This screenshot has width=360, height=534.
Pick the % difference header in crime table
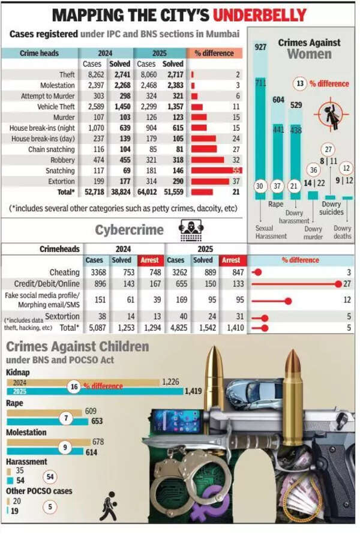[x=215, y=53]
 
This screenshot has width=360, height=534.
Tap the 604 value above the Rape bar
[x=278, y=100]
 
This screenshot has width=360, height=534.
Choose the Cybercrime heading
[x=130, y=230]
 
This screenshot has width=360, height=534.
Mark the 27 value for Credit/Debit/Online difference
[x=347, y=284]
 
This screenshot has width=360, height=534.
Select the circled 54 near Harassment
[x=51, y=477]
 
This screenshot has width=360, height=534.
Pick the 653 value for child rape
[x=97, y=421]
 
